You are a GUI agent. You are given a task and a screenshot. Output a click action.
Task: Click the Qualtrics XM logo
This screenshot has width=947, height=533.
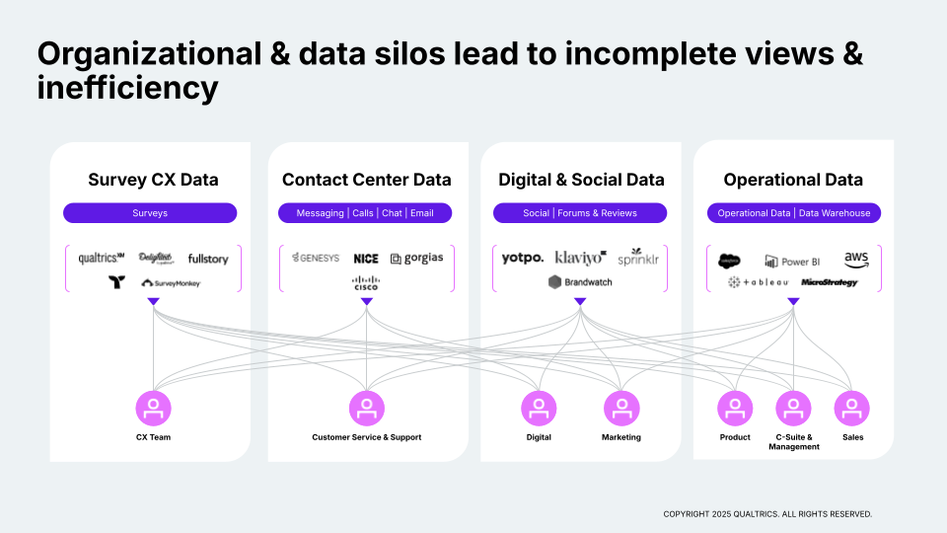click(x=101, y=259)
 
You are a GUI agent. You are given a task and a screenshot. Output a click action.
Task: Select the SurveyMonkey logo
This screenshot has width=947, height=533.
click(x=172, y=283)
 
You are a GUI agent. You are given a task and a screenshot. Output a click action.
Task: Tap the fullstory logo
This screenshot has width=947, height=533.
click(x=207, y=259)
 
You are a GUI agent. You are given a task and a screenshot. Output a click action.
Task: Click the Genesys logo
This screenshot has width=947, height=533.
click(x=316, y=258)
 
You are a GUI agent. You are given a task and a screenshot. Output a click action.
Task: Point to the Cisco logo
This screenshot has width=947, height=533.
click(x=366, y=283)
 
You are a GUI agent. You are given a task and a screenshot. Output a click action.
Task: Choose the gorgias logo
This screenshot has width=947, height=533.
click(x=416, y=258)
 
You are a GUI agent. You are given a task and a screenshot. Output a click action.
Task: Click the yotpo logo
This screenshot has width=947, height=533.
click(x=522, y=258)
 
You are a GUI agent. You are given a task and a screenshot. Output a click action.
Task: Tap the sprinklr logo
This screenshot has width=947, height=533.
click(x=637, y=258)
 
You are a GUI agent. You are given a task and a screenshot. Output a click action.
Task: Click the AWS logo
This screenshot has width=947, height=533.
click(x=856, y=259)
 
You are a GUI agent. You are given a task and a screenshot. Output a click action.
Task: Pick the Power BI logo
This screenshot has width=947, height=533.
click(x=792, y=262)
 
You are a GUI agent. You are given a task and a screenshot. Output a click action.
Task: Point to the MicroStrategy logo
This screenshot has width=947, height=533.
click(x=829, y=282)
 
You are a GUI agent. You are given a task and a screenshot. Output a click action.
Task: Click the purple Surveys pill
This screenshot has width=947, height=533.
click(x=150, y=213)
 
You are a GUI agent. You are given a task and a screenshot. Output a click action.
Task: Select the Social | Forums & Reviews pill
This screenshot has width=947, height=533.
click(x=580, y=213)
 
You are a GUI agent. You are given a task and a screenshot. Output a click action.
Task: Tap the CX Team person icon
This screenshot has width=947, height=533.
click(x=153, y=408)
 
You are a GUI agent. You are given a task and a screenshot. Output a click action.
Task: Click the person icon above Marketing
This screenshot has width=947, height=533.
click(x=621, y=408)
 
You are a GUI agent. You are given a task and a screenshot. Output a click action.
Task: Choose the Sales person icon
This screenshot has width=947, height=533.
click(x=851, y=408)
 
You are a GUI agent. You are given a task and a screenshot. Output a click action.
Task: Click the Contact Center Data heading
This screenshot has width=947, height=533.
click(x=366, y=180)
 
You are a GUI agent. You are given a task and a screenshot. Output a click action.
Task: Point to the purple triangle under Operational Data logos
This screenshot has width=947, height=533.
click(x=793, y=302)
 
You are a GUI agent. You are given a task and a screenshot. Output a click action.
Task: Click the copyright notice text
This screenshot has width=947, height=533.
click(x=767, y=514)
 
